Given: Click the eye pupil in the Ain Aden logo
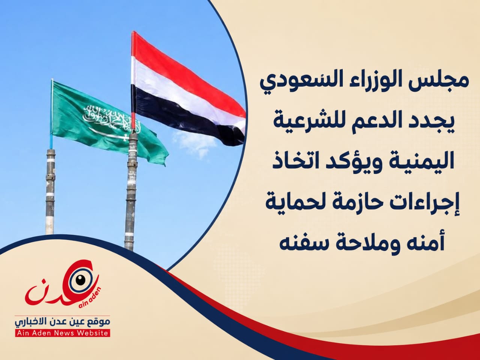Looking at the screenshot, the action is click(81, 280).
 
